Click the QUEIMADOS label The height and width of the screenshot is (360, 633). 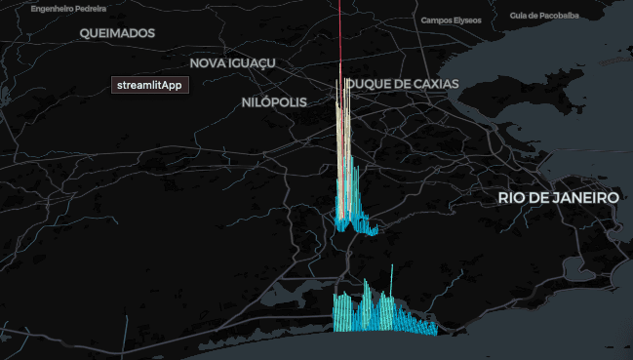coord(118,33)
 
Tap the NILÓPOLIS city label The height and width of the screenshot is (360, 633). coord(274,102)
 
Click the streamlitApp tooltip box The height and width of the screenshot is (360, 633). coord(149,85)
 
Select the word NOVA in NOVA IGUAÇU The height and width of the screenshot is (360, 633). coord(208,62)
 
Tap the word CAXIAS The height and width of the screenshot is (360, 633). coord(435,84)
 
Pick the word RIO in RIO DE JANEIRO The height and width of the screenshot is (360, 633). coord(512,197)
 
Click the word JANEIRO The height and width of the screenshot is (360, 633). coord(587,197)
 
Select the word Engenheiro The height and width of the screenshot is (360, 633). coord(51,8)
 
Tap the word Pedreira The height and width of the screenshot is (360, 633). coord(93,8)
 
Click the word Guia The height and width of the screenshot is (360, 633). coord(534,16)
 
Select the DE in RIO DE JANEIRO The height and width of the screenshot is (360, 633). coord(541,197)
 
